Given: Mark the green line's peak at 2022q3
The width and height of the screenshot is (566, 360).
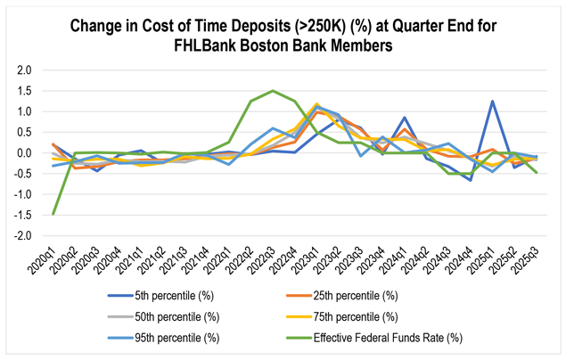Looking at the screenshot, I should [272, 91].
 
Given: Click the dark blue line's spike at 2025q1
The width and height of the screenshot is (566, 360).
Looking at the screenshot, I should [492, 101].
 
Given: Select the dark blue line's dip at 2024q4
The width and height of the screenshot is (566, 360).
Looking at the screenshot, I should [470, 180].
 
